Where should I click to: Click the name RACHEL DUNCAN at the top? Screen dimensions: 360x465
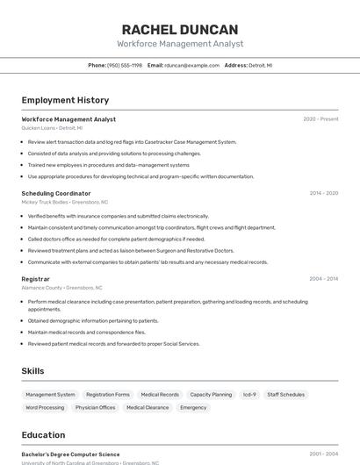coord(180,29)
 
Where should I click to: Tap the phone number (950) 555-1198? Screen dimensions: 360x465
coord(125,65)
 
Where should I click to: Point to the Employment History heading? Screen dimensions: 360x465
coord(65,100)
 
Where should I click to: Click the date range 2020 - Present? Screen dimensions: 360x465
coord(320,119)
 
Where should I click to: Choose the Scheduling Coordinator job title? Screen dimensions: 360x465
coord(56,193)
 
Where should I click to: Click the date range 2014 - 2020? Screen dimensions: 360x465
coord(323,193)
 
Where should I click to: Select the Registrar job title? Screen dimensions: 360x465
coord(36,279)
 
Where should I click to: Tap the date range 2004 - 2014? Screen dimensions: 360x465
coord(323,279)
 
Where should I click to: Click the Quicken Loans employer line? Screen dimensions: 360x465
coord(54,128)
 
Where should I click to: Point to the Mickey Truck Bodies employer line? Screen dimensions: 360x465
coord(65,202)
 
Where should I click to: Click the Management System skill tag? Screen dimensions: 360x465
coord(50,395)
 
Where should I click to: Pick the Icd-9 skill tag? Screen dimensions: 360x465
coord(249,395)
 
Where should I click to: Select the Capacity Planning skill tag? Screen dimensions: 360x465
coord(211,395)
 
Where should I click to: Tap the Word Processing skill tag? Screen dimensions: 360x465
coord(45,407)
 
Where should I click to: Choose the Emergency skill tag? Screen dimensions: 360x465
coord(193,407)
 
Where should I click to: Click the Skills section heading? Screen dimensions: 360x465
coord(33,371)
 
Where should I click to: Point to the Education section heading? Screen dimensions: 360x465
coord(43,435)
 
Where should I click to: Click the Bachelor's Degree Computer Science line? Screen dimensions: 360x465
coord(70,454)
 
